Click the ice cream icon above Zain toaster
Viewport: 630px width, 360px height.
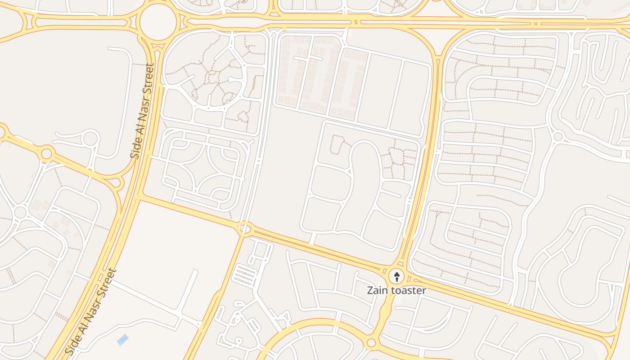[396, 276]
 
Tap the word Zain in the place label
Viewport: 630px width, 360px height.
[377, 290]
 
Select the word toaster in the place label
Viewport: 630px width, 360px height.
[408, 290]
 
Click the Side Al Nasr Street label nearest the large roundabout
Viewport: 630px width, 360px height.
[143, 111]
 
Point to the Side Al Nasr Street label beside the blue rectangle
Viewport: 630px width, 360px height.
[91, 311]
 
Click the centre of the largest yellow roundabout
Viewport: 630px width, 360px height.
[158, 22]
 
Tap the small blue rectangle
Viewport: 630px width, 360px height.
[122, 340]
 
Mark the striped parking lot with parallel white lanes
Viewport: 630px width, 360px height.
[245, 275]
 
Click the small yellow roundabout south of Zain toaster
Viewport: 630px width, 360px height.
[371, 343]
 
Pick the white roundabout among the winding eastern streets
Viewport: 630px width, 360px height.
[558, 136]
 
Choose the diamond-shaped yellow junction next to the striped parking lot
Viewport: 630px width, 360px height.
[245, 229]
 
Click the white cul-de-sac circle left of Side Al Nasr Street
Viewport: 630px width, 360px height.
[90, 138]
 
